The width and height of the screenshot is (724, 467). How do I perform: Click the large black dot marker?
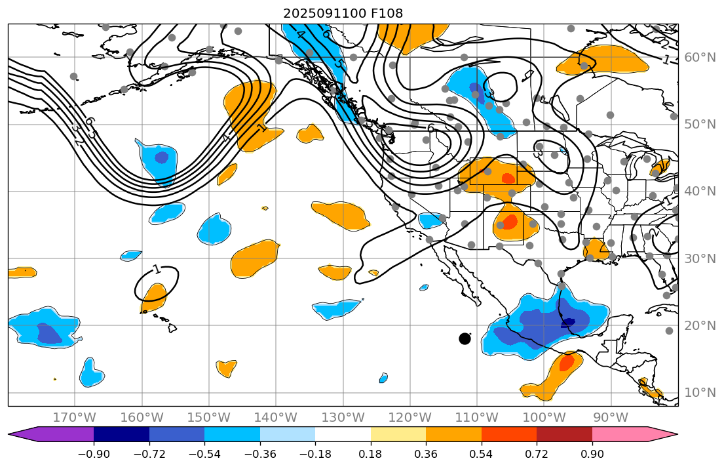tap(465, 338)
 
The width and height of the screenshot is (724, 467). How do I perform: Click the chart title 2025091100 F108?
tap(343, 13)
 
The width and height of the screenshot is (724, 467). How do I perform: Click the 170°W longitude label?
tap(74, 418)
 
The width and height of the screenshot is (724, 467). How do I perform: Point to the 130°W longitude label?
tap(343, 418)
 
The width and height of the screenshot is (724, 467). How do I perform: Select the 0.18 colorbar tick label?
tap(371, 455)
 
